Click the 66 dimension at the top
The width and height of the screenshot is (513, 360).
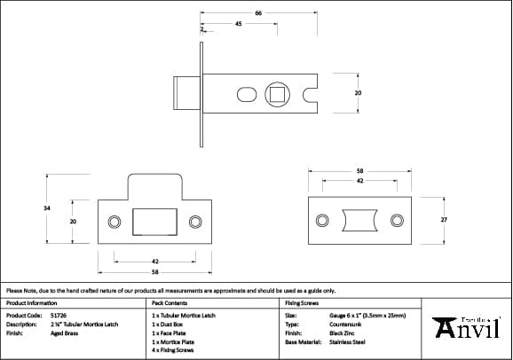click(257, 13)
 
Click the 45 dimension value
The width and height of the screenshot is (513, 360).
click(239, 25)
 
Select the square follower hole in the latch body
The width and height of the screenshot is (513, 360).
click(278, 92)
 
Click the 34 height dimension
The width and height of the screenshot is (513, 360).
click(46, 207)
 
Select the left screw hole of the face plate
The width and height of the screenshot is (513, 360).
click(114, 220)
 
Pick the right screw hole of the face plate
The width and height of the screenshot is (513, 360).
click(195, 220)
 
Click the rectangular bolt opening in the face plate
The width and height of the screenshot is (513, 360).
click(154, 220)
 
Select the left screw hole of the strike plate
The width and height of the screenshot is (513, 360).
click(320, 219)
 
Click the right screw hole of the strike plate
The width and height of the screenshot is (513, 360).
click(397, 219)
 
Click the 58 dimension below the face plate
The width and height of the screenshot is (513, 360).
click(154, 273)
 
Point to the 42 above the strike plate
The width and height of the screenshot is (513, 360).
click(359, 180)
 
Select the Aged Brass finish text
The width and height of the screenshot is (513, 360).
click(65, 333)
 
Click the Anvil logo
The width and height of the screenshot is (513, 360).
click(470, 328)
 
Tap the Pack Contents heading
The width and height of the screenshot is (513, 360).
click(169, 302)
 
